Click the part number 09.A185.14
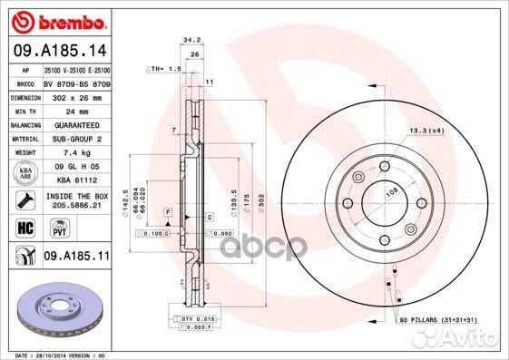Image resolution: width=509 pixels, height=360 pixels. pos(59,52)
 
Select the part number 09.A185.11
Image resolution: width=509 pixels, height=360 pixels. pos(76,258)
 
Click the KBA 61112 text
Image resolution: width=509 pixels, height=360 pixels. pos(76,180)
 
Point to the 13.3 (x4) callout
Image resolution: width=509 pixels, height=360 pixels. pos(425,132)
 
